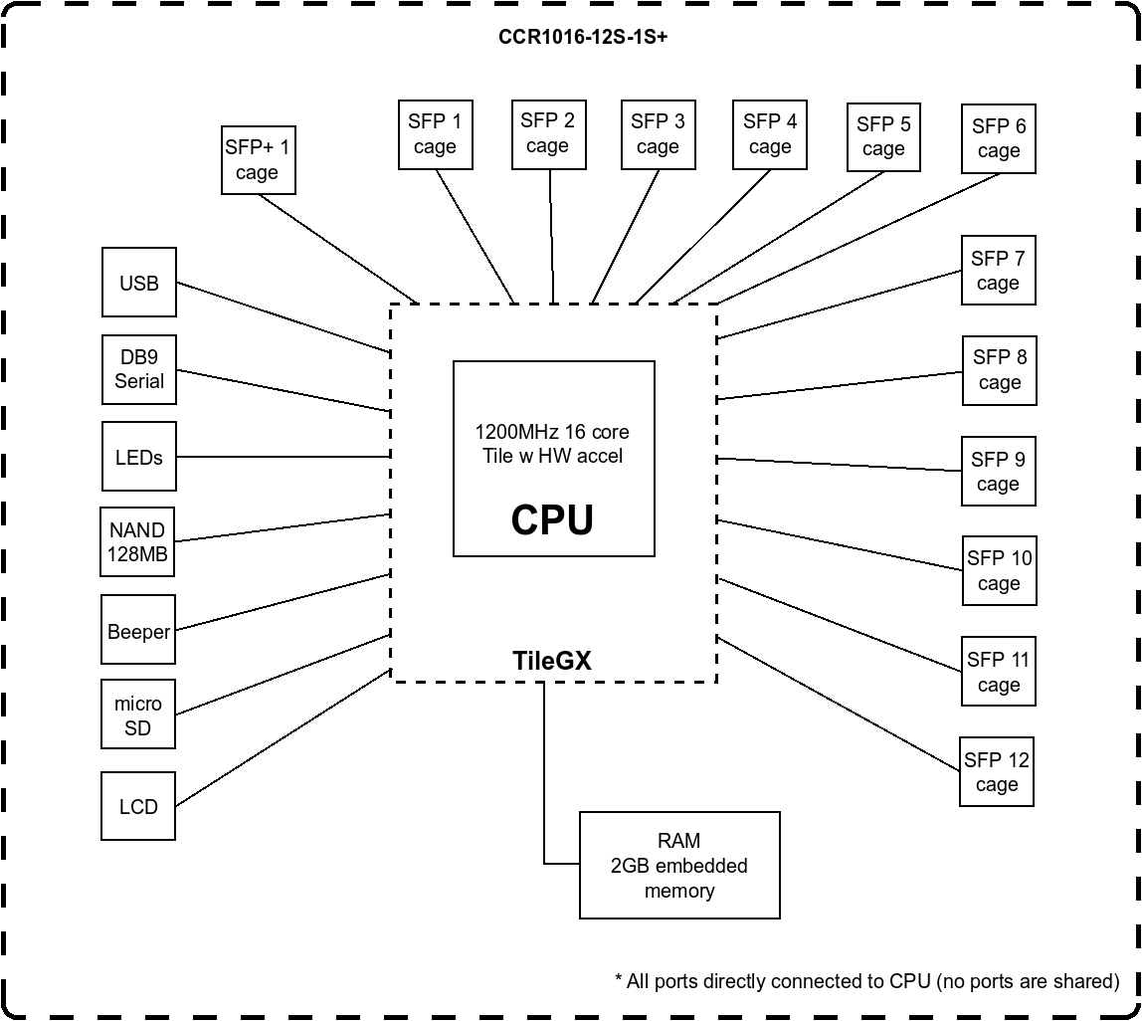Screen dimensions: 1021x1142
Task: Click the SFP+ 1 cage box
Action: point(258,159)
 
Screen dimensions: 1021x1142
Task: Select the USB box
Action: point(139,283)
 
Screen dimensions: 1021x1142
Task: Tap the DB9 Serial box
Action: point(139,369)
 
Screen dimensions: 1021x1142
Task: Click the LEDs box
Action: point(139,457)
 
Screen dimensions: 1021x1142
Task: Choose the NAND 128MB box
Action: point(137,542)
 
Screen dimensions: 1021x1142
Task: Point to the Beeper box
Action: point(138,631)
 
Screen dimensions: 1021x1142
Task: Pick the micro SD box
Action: point(138,715)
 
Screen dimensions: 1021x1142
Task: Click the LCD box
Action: point(138,806)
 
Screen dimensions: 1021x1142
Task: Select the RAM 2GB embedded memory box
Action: point(679,865)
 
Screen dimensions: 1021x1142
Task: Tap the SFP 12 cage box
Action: point(997,771)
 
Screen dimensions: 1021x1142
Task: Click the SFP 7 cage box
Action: point(998,270)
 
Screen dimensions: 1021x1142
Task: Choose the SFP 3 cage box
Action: point(658,134)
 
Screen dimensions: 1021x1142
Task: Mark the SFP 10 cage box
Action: point(999,570)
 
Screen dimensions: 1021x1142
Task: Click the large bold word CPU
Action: point(552,519)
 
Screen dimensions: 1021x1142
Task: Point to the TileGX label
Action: point(552,661)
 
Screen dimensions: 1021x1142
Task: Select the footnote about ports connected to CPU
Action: point(866,981)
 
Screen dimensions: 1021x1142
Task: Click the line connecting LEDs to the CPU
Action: point(284,457)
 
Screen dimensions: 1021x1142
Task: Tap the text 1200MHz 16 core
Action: point(552,432)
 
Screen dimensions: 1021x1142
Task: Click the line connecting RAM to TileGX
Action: point(544,776)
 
